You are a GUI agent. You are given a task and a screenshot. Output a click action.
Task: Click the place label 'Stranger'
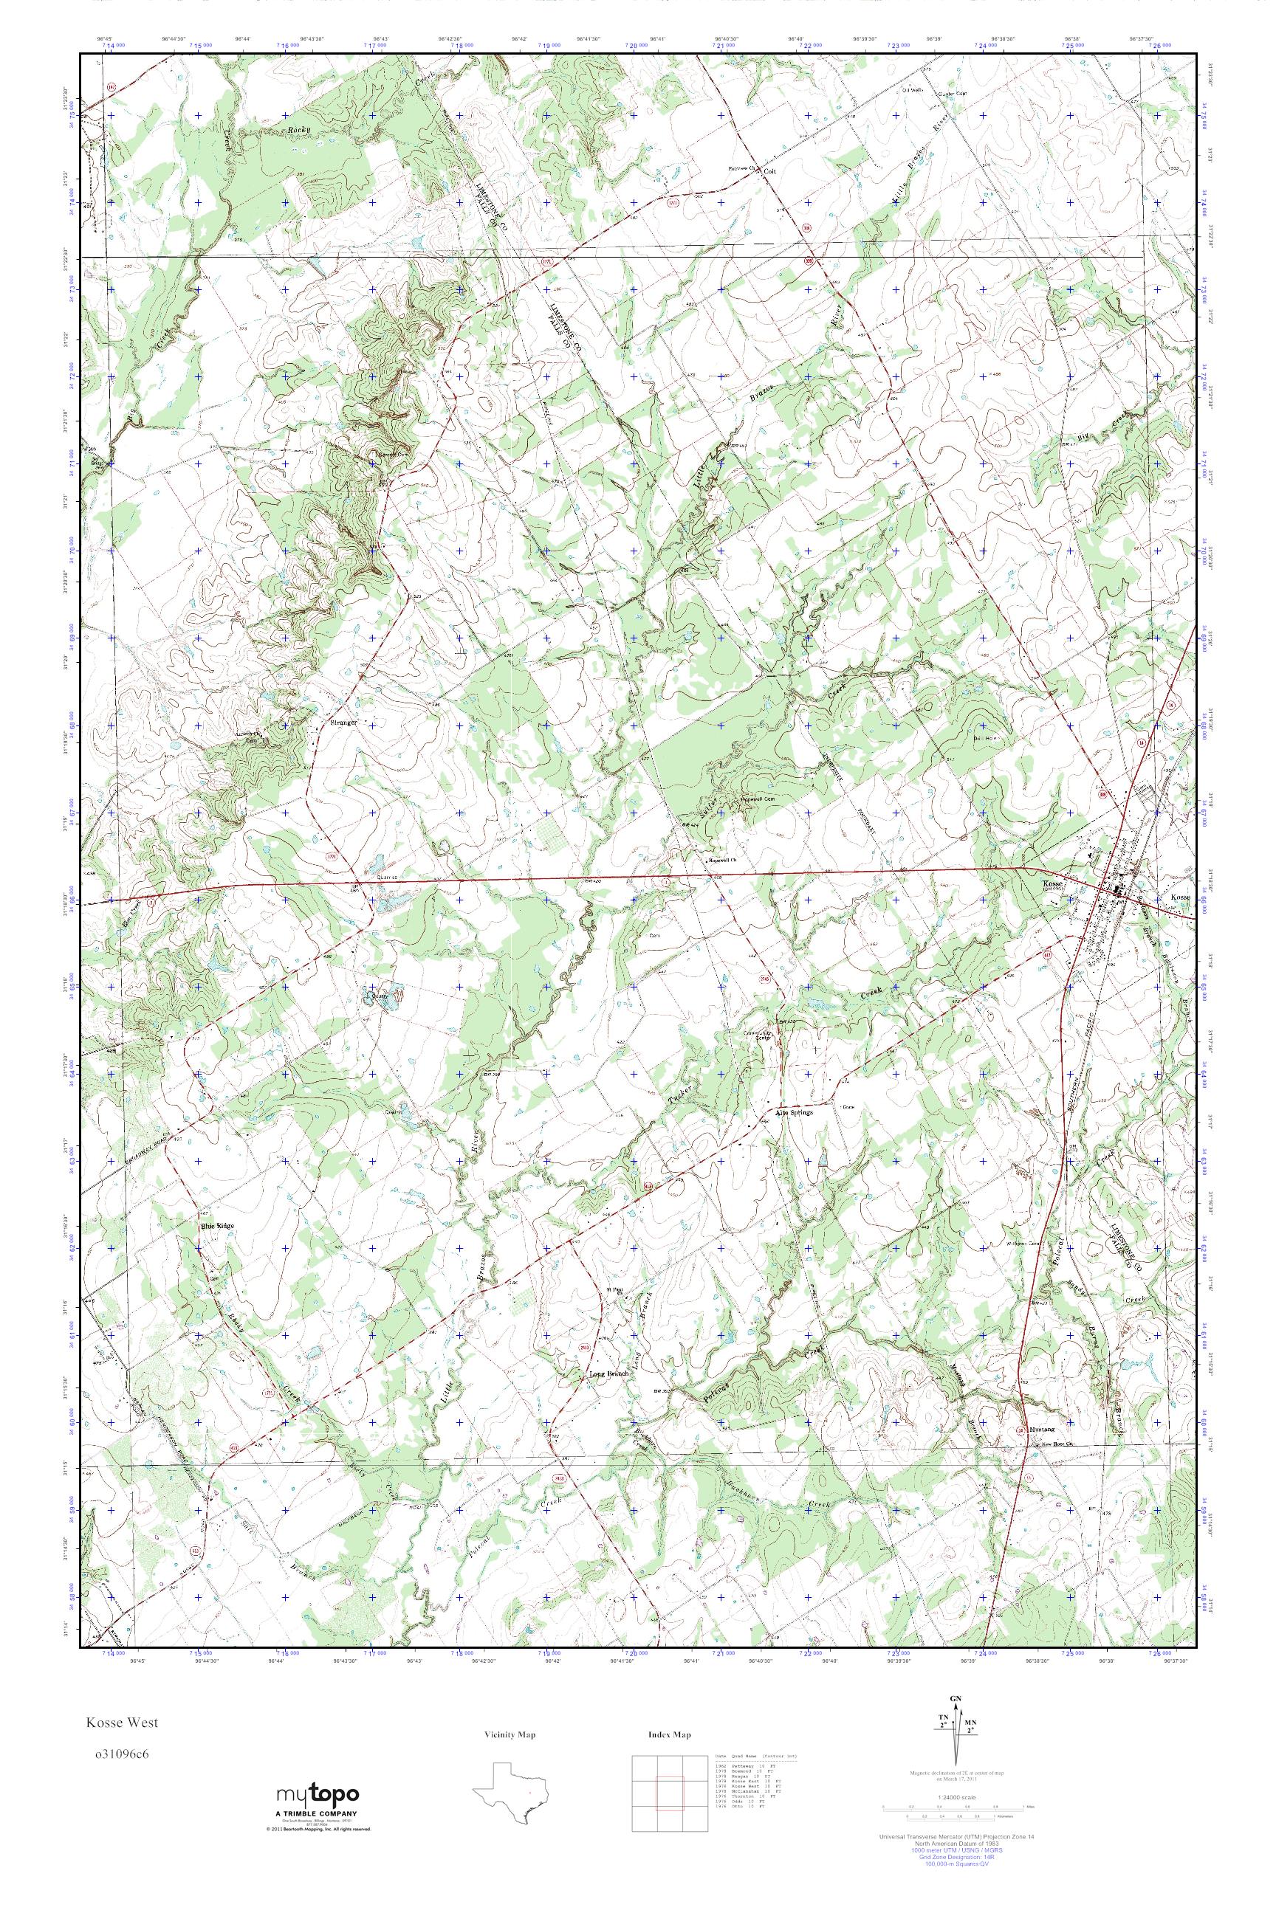click(343, 722)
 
